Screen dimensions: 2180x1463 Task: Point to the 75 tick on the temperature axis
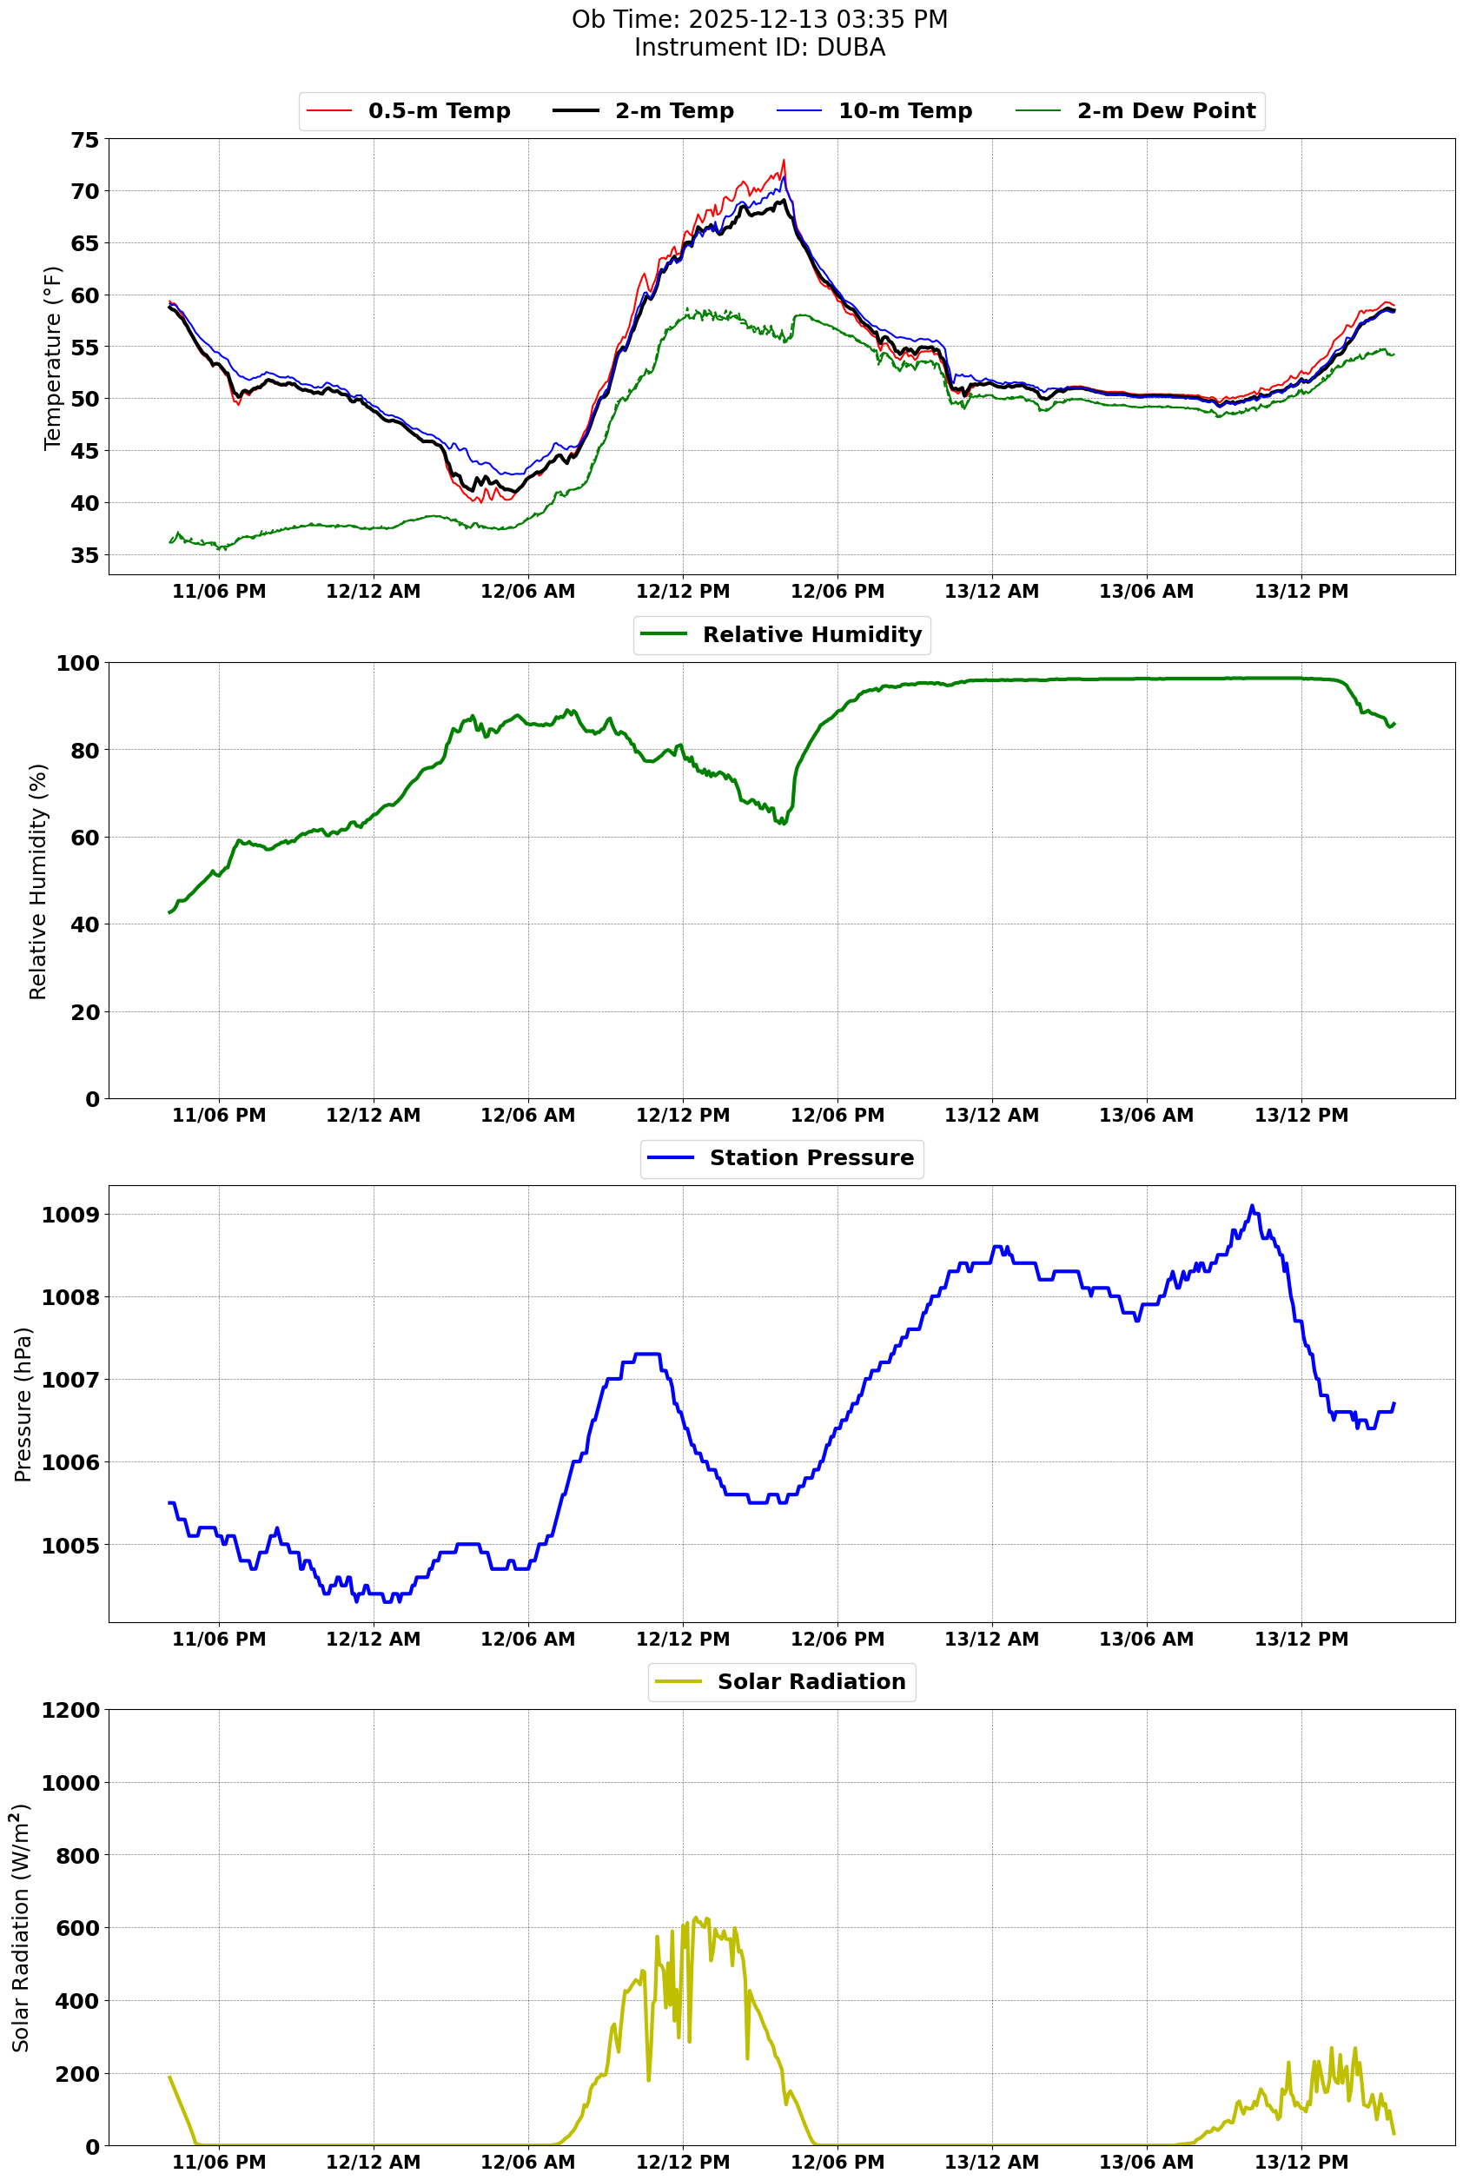coord(84,140)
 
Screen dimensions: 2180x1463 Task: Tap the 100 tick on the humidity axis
coord(77,664)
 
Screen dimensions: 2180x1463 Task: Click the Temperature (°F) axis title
coord(53,358)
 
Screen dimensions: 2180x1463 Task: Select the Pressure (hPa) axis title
coord(23,1404)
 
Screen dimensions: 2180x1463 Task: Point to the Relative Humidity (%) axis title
coord(38,881)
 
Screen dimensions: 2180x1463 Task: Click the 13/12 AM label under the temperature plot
coord(991,592)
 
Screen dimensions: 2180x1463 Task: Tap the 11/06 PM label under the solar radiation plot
coord(218,2163)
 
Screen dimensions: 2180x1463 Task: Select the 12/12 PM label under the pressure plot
coord(682,1639)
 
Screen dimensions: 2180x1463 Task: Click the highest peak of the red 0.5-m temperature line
coord(784,160)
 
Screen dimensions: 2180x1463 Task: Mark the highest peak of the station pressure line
coord(1252,1206)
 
